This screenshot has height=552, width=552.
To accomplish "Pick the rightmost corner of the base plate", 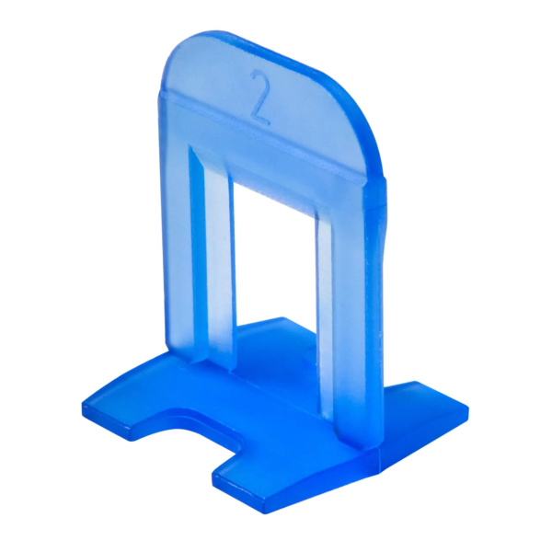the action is (467, 408).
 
